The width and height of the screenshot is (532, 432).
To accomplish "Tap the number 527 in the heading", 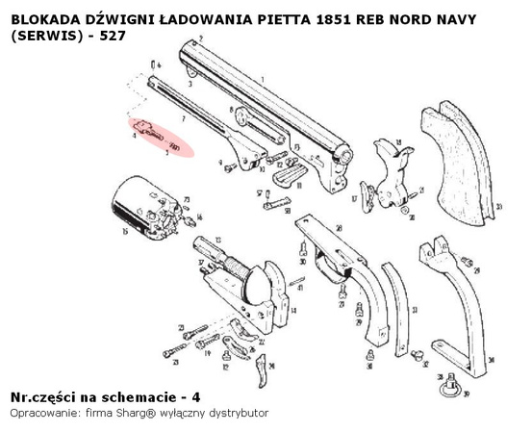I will [110, 35].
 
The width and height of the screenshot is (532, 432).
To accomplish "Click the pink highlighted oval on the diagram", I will [162, 136].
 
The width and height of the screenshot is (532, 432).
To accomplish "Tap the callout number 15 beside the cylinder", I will [124, 232].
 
